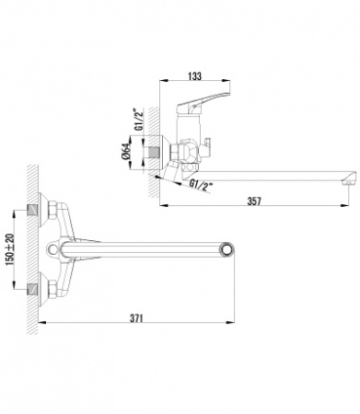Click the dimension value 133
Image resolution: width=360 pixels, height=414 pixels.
click(x=195, y=75)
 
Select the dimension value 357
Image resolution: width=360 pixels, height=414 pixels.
click(x=254, y=201)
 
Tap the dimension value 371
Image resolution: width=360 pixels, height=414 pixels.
click(x=136, y=318)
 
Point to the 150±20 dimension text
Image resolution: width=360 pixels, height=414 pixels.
click(x=10, y=249)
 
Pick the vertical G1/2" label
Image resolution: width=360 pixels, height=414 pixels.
click(x=139, y=120)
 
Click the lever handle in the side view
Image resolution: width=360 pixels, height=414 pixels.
click(x=203, y=102)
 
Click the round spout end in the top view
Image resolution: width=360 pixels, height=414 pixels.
click(x=227, y=249)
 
